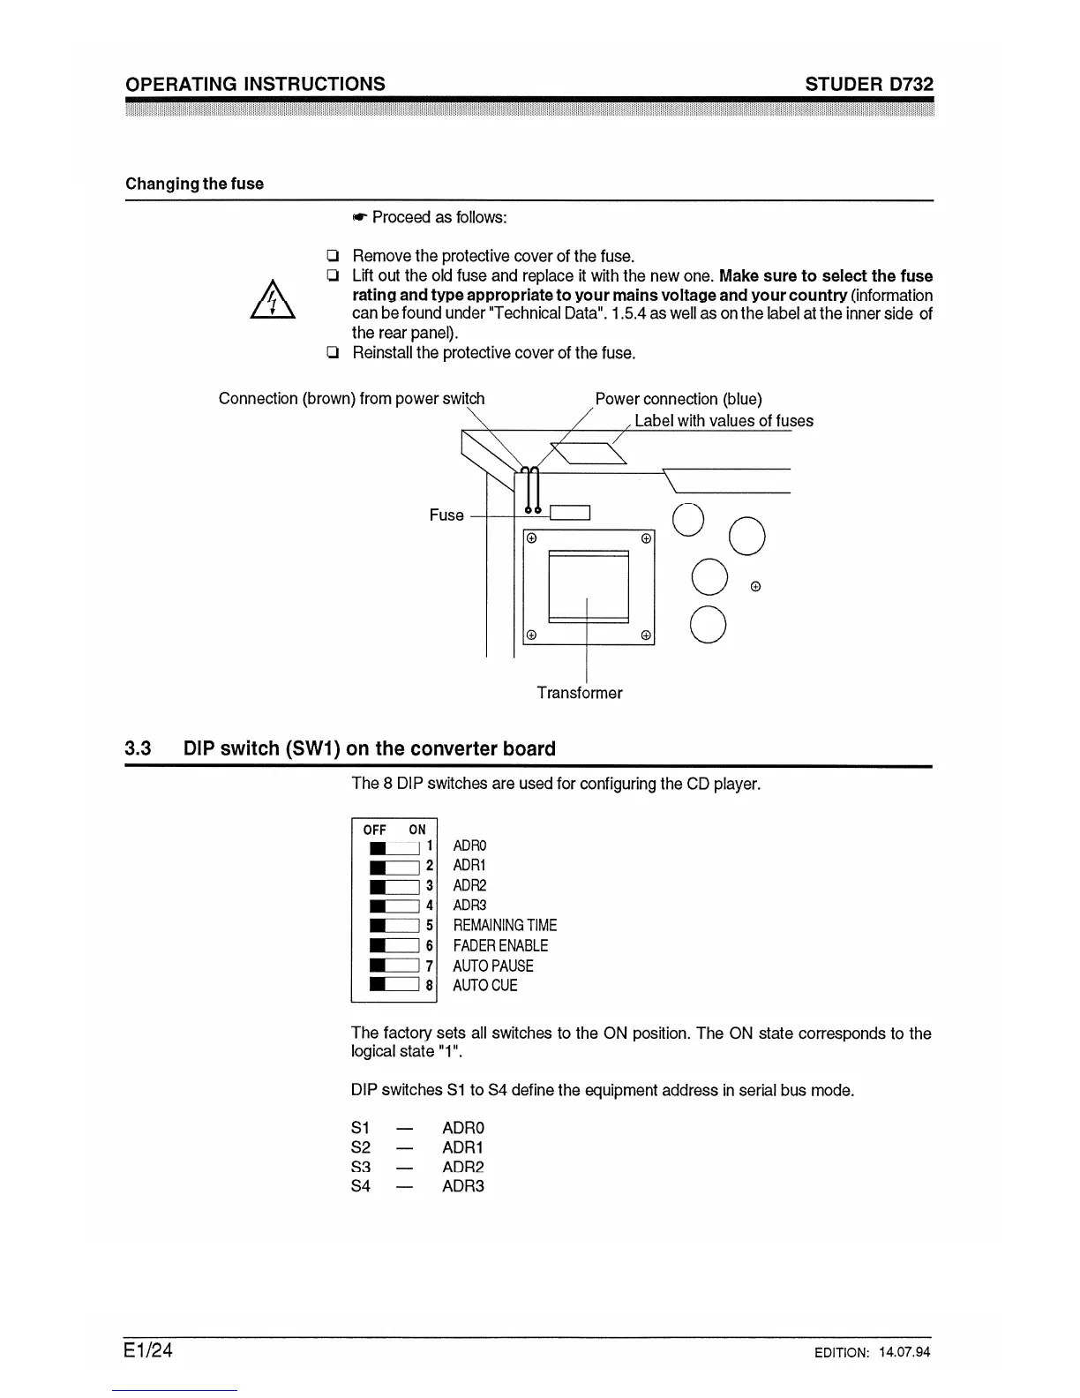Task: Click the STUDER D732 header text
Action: [868, 84]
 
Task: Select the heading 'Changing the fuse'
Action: [194, 184]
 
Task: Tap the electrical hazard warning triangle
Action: [272, 299]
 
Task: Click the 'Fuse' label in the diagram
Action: [446, 515]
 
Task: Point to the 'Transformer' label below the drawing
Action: [579, 693]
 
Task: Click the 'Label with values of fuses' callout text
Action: [724, 421]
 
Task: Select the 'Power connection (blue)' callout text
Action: [679, 399]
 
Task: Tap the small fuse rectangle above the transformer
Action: [569, 513]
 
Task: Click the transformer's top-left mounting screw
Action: [531, 538]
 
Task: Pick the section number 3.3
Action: [138, 749]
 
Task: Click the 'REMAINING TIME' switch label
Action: [505, 925]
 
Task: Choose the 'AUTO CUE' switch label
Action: [484, 985]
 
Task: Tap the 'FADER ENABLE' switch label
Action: [500, 945]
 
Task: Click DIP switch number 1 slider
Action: [394, 847]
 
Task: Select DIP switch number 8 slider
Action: [394, 985]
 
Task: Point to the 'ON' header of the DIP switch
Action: [417, 830]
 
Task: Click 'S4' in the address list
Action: [361, 1186]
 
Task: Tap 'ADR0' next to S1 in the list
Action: [463, 1128]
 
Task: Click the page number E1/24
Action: [148, 1350]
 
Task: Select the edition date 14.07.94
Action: [904, 1352]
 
